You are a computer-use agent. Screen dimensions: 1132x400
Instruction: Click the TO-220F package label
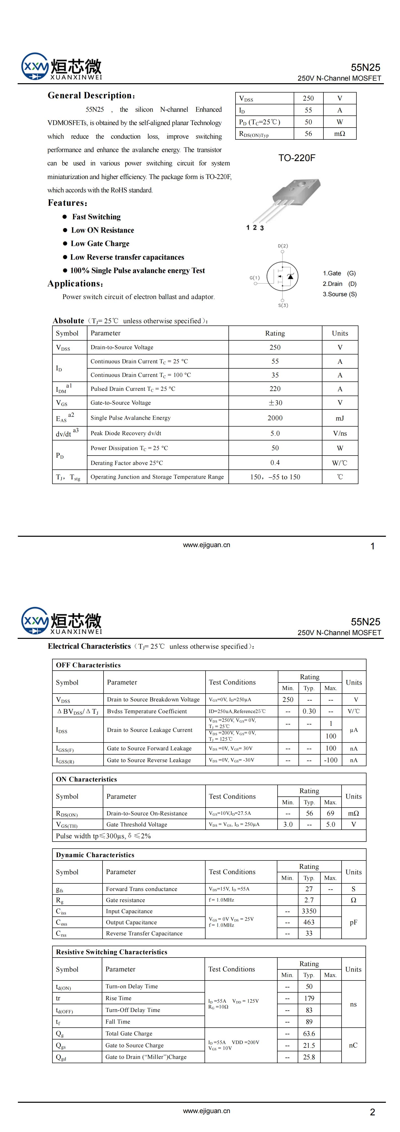point(296,158)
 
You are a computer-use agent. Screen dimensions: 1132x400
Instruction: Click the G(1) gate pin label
point(255,278)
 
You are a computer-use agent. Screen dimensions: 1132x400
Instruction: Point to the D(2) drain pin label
point(283,246)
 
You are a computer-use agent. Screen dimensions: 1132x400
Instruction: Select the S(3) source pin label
point(283,305)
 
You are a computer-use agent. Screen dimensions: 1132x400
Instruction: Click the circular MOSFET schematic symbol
point(283,276)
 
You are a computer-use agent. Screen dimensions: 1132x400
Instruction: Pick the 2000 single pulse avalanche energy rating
point(275,418)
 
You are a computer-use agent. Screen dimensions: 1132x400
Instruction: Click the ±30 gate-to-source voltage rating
point(275,403)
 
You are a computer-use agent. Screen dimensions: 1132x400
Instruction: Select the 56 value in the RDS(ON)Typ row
point(308,134)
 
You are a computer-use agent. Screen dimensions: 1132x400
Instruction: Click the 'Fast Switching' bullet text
point(96,217)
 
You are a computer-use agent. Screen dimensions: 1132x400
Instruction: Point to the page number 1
point(372,546)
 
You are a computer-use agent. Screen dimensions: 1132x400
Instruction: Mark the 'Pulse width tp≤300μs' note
point(103,836)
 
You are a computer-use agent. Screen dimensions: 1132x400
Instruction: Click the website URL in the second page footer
point(206,1111)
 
